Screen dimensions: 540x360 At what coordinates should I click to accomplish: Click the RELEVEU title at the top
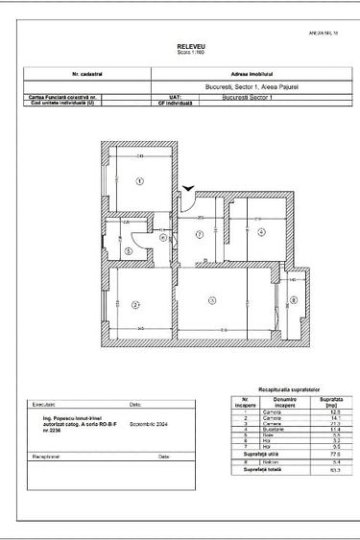click(x=184, y=46)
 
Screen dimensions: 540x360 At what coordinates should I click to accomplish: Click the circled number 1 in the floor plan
click(x=138, y=181)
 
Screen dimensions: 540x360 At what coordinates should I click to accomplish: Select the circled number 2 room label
click(x=135, y=305)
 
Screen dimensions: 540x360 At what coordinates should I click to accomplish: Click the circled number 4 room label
click(x=259, y=232)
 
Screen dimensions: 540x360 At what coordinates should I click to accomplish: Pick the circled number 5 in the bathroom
click(x=128, y=251)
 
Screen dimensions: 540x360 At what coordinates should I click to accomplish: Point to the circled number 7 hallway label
click(x=200, y=233)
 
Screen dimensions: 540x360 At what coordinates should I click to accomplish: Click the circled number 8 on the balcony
click(x=294, y=300)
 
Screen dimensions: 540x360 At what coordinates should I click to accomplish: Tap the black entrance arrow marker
click(x=190, y=189)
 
